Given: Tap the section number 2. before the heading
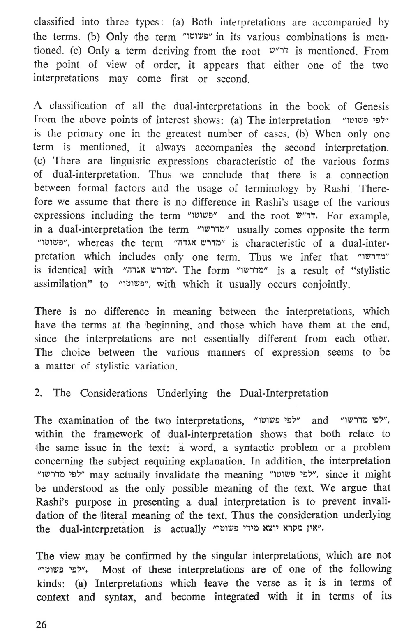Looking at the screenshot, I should pos(39,393).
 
